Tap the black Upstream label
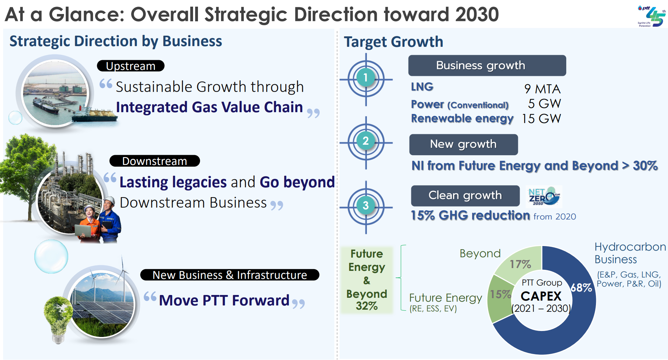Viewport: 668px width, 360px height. pyautogui.click(x=130, y=66)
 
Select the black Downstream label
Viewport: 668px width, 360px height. pyautogui.click(x=155, y=161)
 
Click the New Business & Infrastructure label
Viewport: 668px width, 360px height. pyautogui.click(x=229, y=275)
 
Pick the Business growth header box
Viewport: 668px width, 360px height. pyautogui.click(x=487, y=65)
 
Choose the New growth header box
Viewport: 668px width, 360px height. pyautogui.click(x=463, y=144)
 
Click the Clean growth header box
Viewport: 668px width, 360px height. pyautogui.click(x=465, y=195)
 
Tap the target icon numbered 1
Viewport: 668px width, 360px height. pyautogui.click(x=366, y=78)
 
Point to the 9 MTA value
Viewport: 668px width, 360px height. pyautogui.click(x=542, y=89)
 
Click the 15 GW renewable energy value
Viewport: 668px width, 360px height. pyautogui.click(x=541, y=119)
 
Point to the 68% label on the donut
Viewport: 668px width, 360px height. pyautogui.click(x=581, y=288)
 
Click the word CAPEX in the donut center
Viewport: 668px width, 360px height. pyautogui.click(x=541, y=296)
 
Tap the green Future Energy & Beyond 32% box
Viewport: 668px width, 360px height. pyautogui.click(x=367, y=280)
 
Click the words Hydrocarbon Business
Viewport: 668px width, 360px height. pyautogui.click(x=630, y=253)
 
